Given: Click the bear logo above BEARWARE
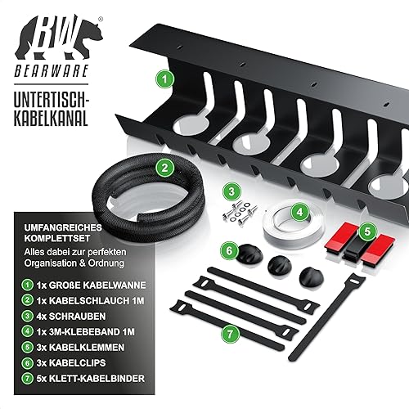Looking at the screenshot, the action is pos(59,38).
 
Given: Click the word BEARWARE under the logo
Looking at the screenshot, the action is pos(52,70).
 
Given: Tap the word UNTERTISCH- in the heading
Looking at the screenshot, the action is pos(52,99).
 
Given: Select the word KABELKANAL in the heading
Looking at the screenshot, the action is pos(51,118).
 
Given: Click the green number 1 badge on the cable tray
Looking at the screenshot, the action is pos(164,79).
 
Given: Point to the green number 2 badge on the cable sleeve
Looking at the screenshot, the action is pos(164,168).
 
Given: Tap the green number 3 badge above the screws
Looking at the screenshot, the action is pos(231,191).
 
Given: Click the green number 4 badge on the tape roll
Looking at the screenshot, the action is pos(299,212).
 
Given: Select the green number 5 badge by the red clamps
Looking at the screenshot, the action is pos(367,231).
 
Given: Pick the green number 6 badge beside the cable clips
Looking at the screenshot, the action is pos(229,250).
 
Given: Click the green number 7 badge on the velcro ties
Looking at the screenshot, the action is pos(230,334).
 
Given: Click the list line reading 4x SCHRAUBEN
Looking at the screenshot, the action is pos(71,317).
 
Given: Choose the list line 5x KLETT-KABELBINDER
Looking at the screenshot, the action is pos(90,379).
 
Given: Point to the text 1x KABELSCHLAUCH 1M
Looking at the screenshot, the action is pos(90,301).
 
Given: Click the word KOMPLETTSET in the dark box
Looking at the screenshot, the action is pos(57,238).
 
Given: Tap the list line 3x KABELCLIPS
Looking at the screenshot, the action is pos(71,363).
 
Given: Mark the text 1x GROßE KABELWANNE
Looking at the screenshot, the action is pos(91,285).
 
